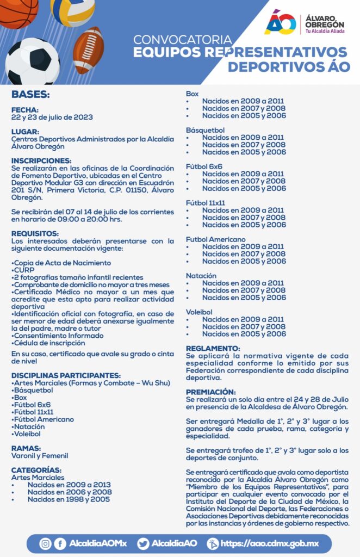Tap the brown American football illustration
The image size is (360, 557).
pyautogui.click(x=88, y=50)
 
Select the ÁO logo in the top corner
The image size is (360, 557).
pyautogui.click(x=280, y=22)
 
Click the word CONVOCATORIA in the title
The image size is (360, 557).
pyautogui.click(x=182, y=40)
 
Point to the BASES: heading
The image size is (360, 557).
pyautogui.click(x=30, y=94)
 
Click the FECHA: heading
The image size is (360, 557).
pyautogui.click(x=25, y=109)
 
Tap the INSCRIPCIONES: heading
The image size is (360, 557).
pyautogui.click(x=41, y=160)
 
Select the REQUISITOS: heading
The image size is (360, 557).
pyautogui.click(x=35, y=233)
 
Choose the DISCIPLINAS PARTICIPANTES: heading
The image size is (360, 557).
pyautogui.click(x=66, y=375)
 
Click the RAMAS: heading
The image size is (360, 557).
pyautogui.click(x=27, y=448)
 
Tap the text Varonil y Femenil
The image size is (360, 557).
pyautogui.click(x=40, y=456)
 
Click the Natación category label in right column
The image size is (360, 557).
pyautogui.click(x=201, y=276)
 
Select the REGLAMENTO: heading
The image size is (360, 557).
pyautogui.click(x=213, y=348)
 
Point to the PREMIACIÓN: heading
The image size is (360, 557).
pyautogui.click(x=211, y=392)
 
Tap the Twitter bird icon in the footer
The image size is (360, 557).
pyautogui.click(x=143, y=543)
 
